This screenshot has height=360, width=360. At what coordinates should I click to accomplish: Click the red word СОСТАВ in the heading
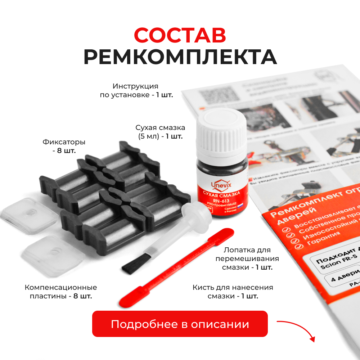pos(180,35)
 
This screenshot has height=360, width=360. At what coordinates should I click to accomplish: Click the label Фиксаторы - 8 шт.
pos(64,146)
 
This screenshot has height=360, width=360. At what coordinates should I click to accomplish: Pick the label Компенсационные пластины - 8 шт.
pos(61,292)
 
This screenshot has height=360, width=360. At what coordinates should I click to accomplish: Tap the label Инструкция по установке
pos(136,91)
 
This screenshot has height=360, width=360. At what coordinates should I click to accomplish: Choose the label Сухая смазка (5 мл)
pos(160,132)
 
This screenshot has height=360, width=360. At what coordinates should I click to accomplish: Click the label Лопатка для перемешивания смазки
pos(247,258)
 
